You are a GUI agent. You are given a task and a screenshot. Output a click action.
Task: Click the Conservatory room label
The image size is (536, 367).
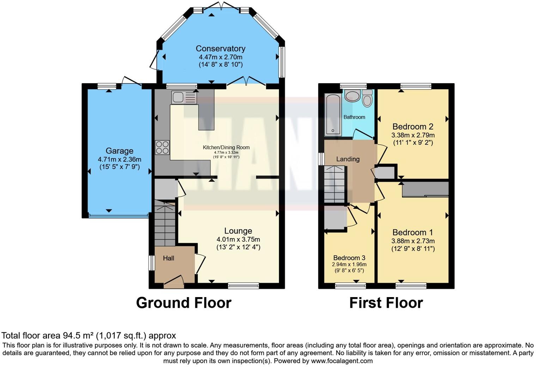220,49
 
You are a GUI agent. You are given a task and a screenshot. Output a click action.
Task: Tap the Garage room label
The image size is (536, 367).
119,151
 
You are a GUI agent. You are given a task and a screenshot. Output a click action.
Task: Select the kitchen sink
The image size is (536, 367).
184,97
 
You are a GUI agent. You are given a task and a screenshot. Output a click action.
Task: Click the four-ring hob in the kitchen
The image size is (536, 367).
162,147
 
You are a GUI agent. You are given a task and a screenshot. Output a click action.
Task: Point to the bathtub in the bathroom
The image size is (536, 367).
333,115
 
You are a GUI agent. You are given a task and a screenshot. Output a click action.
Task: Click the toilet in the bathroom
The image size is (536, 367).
367,98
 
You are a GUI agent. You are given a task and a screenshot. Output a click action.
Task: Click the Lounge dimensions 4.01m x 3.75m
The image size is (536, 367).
238,239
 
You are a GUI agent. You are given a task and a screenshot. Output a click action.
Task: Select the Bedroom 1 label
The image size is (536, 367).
413,233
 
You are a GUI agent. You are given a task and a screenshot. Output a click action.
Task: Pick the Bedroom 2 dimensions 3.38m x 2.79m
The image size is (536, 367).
413,135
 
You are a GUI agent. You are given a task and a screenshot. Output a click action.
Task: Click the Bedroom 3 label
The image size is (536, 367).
349,258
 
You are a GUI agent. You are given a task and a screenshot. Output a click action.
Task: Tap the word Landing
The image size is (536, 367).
348,159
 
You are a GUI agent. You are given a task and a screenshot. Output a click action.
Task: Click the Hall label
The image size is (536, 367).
169,258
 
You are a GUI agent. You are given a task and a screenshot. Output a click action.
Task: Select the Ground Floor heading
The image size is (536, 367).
183,303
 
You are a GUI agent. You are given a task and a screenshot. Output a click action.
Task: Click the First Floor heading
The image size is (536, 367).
386,303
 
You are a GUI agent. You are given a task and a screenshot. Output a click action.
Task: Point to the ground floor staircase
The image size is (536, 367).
165,224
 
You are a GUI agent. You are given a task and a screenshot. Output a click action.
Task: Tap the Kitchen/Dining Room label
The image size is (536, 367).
226,148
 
